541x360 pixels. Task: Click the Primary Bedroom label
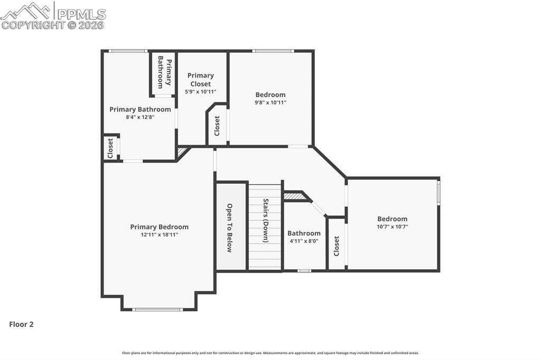click(159, 227)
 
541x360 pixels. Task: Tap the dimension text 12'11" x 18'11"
click(159, 235)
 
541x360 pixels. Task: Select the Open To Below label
click(230, 228)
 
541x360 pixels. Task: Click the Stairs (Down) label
click(266, 220)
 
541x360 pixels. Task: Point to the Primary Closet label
click(200, 80)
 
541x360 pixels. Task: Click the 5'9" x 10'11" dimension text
click(200, 92)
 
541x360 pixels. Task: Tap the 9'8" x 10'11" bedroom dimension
click(270, 103)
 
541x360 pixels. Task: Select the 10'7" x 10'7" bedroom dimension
click(392, 227)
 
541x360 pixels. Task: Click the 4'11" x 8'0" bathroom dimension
click(304, 241)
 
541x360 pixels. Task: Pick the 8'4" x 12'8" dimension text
click(140, 117)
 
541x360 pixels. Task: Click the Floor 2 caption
click(21, 325)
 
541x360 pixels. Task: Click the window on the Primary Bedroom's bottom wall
click(157, 309)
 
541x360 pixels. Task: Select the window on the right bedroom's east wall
click(439, 193)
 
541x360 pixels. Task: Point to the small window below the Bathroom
click(304, 271)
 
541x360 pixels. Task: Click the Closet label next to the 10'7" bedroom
click(337, 245)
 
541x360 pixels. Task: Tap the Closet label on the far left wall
click(110, 148)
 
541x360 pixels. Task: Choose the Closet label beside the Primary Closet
click(217, 126)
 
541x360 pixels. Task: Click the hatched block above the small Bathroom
click(295, 196)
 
